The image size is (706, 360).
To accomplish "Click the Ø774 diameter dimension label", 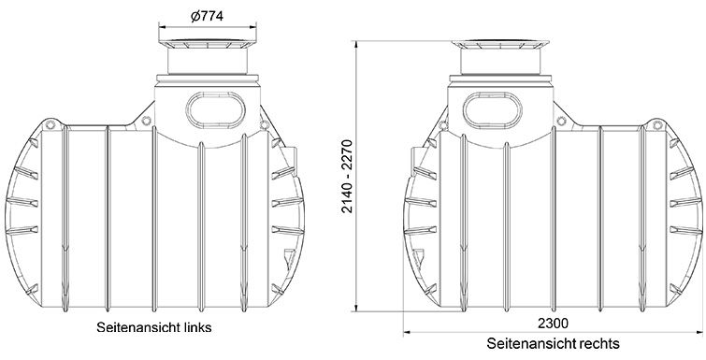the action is (x=207, y=17).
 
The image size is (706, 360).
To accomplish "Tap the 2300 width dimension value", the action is (x=553, y=324).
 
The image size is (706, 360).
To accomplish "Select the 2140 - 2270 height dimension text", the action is (x=347, y=176).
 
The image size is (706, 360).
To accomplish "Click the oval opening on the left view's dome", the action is (x=216, y=109).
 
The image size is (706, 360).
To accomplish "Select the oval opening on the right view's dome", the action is (x=493, y=109).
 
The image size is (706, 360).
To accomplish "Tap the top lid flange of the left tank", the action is (x=207, y=45).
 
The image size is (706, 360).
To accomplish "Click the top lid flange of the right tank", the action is (x=500, y=45).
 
